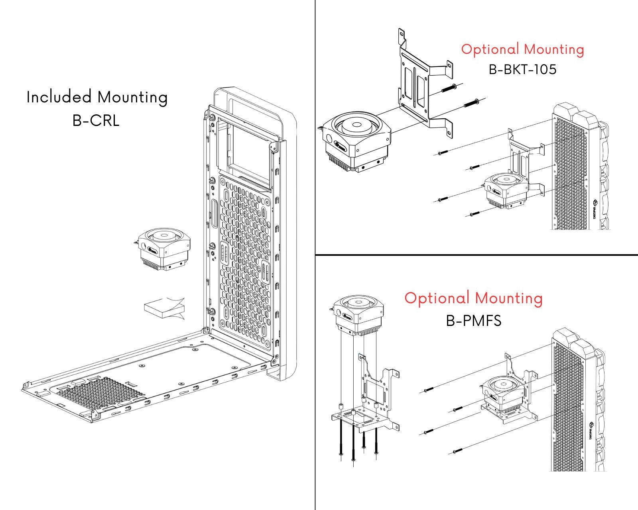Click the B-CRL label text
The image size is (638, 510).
pos(96,120)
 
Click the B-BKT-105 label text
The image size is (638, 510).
pos(522,69)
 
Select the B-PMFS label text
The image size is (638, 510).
pos(473,320)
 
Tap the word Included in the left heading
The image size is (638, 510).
pos(59,97)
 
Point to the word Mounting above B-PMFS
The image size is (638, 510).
pos(509,298)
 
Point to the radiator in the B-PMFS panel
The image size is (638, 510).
pos(568,402)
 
